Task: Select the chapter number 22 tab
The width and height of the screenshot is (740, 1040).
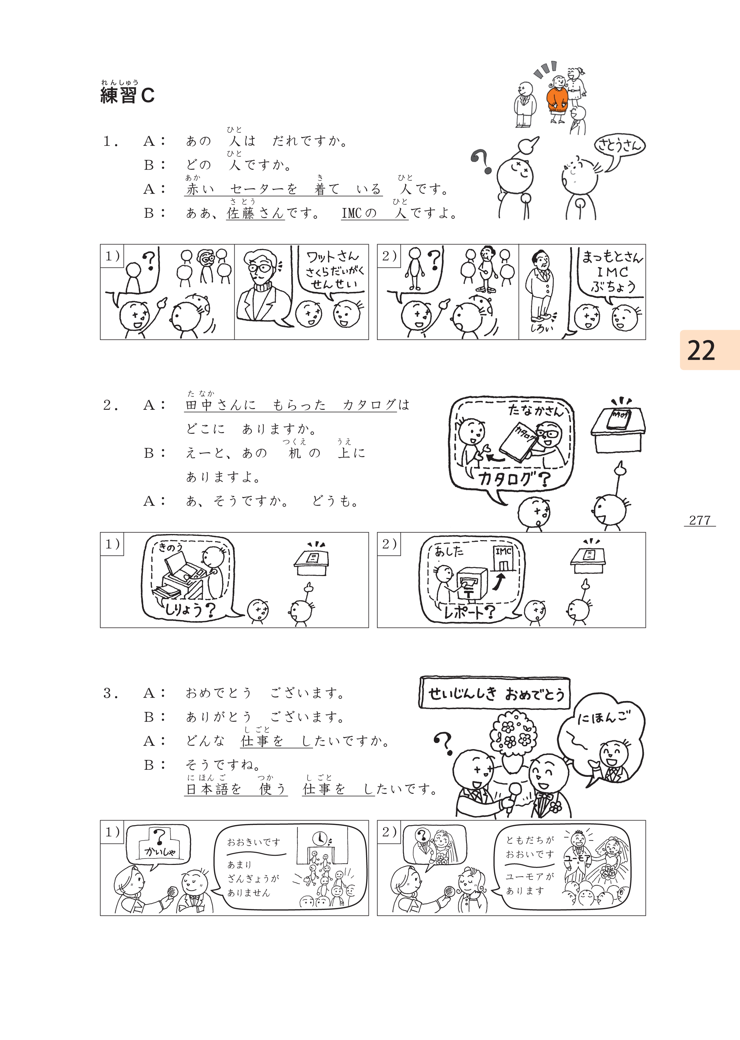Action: pos(710,350)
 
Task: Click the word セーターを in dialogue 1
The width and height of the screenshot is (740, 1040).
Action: pos(263,189)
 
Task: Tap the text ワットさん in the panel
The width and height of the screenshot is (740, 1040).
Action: pos(333,257)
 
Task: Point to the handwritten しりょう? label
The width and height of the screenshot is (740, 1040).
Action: pos(190,609)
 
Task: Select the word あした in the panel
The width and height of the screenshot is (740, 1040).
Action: pos(449,552)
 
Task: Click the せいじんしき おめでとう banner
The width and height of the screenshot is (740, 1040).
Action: pos(495,693)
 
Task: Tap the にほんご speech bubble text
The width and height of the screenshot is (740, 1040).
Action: pos(604,718)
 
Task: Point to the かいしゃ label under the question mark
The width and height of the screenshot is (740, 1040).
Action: pos(160,851)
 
